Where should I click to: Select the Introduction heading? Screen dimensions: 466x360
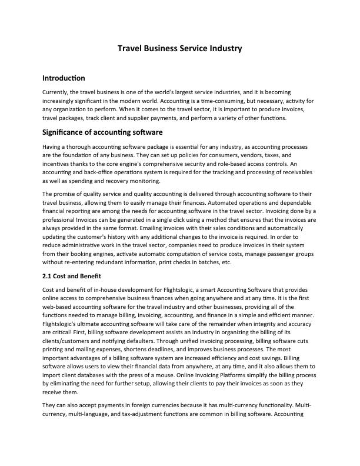point(64,78)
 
